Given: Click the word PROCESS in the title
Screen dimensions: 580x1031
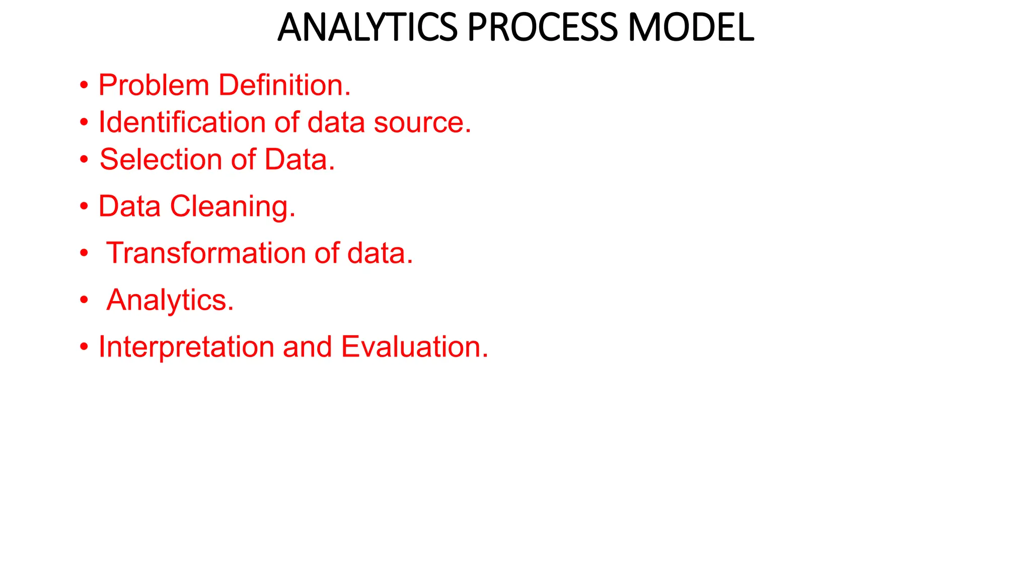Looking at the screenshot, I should click(542, 27).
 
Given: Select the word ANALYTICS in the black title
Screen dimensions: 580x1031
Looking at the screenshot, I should click(367, 27).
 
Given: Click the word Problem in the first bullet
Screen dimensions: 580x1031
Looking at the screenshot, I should click(154, 85).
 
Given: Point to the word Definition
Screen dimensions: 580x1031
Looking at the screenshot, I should click(284, 85).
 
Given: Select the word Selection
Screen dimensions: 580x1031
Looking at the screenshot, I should click(161, 160).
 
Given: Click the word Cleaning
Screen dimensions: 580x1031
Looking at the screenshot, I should click(233, 207).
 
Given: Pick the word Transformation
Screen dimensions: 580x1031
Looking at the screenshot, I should click(206, 253).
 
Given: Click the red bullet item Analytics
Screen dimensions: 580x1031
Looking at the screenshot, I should click(170, 301).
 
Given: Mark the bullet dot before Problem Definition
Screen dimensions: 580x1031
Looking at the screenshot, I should click(84, 85).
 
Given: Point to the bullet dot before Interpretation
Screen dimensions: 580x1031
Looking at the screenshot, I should click(84, 347).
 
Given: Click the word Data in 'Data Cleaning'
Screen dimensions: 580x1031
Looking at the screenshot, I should click(129, 206).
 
